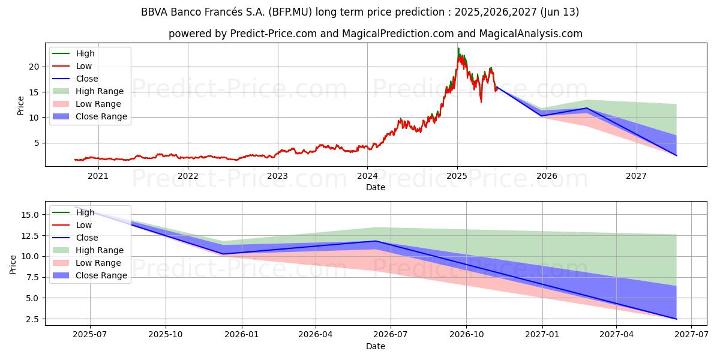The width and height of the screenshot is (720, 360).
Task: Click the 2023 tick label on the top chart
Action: click(277, 176)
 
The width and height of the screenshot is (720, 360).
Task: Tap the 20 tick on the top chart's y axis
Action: click(35, 67)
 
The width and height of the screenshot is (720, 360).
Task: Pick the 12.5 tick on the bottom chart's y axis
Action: click(31, 236)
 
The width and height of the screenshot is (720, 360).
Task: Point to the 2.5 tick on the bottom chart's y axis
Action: click(33, 319)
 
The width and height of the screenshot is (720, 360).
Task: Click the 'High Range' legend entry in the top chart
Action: click(100, 91)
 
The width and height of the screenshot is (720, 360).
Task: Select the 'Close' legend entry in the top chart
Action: click(86, 79)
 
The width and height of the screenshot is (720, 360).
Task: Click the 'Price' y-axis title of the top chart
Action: click(21, 105)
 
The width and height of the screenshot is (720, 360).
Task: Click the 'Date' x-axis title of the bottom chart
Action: click(376, 346)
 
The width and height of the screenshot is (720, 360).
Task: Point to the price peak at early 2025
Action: click(458, 49)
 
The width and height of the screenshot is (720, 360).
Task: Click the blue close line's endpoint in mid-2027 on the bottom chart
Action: click(676, 319)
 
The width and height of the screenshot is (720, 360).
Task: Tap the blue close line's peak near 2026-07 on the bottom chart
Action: click(376, 241)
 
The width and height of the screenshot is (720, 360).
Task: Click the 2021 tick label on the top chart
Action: click(98, 176)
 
